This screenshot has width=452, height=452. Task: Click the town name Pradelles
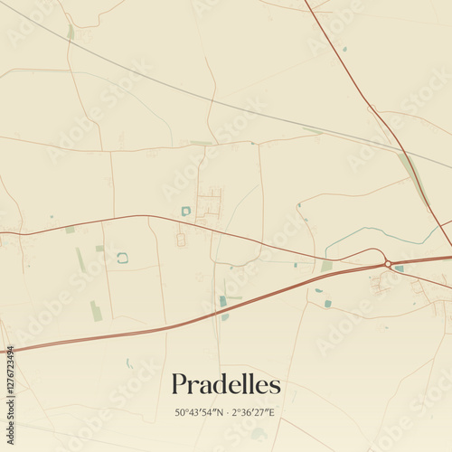click(x=226, y=384)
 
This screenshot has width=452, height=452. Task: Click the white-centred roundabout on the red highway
click(x=388, y=263)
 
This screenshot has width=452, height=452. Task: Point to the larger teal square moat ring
click(x=122, y=258)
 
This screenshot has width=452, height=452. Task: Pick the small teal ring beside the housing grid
click(x=186, y=211)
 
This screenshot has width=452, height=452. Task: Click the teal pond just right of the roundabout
click(x=399, y=268)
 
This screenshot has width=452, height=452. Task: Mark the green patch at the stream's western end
click(x=326, y=267)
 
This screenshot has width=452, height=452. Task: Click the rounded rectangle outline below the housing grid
click(x=180, y=240)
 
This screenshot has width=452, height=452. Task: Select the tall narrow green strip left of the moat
click(x=80, y=260)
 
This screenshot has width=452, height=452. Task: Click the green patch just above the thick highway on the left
click(x=95, y=311)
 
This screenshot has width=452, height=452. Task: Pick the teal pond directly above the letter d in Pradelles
click(x=222, y=301)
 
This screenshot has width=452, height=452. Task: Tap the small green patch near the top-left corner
click(x=71, y=32)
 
